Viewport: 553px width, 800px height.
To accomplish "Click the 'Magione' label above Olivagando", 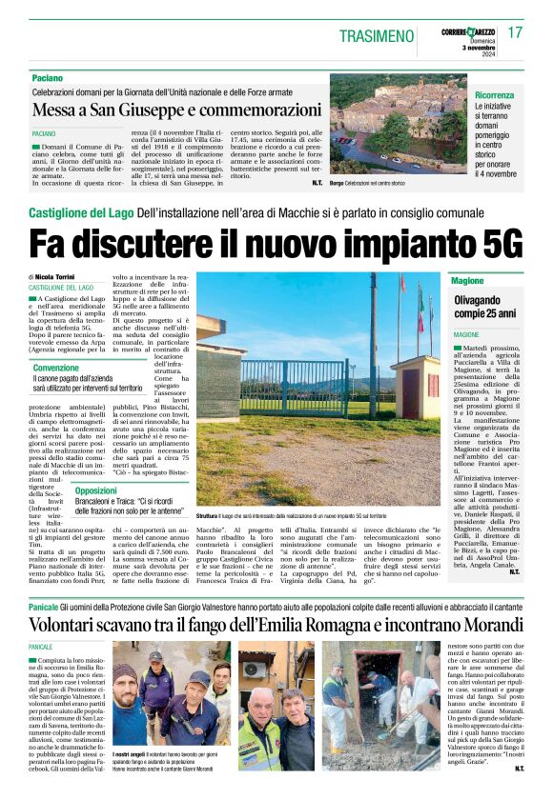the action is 468,282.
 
